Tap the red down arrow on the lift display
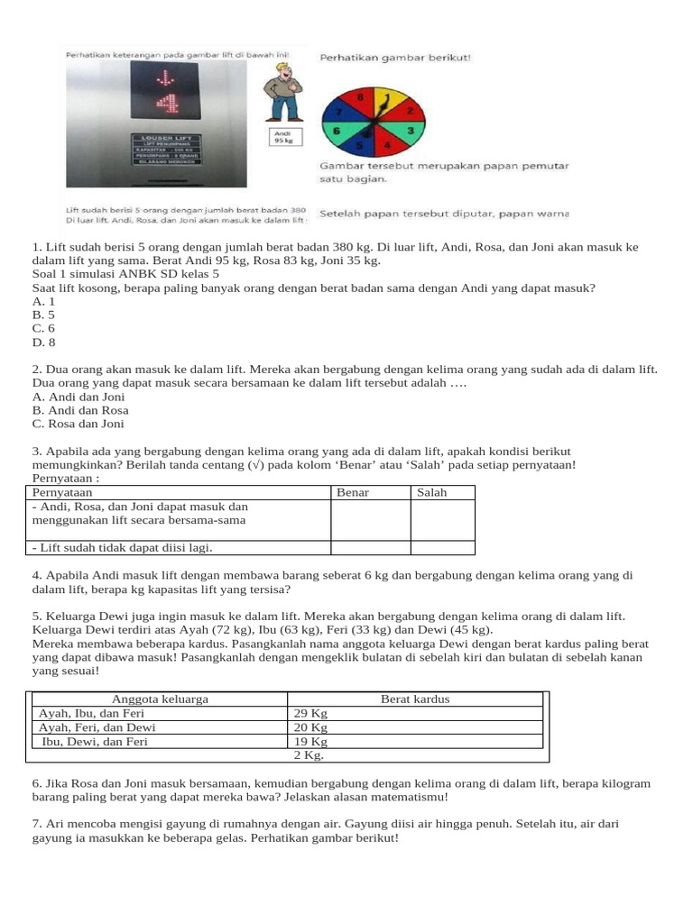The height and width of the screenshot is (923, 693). click(167, 75)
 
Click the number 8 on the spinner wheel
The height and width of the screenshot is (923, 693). click(361, 96)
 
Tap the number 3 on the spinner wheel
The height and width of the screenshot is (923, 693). click(411, 131)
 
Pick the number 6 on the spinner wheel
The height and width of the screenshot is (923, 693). click(337, 131)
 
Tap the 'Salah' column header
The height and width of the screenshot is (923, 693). click(431, 493)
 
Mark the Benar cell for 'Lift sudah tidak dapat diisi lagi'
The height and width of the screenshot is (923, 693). click(370, 547)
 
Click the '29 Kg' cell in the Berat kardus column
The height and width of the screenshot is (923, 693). click(310, 713)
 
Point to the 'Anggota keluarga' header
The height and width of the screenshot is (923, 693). click(160, 699)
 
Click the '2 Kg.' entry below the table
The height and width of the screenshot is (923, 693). click(309, 756)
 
